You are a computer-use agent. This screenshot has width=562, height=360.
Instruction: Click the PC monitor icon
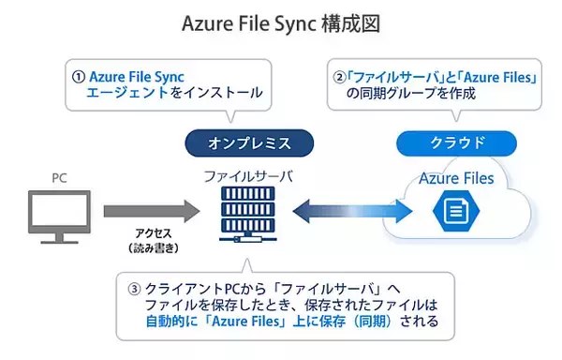61,215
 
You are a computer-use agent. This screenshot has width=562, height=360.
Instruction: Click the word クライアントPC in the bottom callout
184,288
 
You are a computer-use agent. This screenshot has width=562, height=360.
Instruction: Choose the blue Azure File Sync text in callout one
140,76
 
